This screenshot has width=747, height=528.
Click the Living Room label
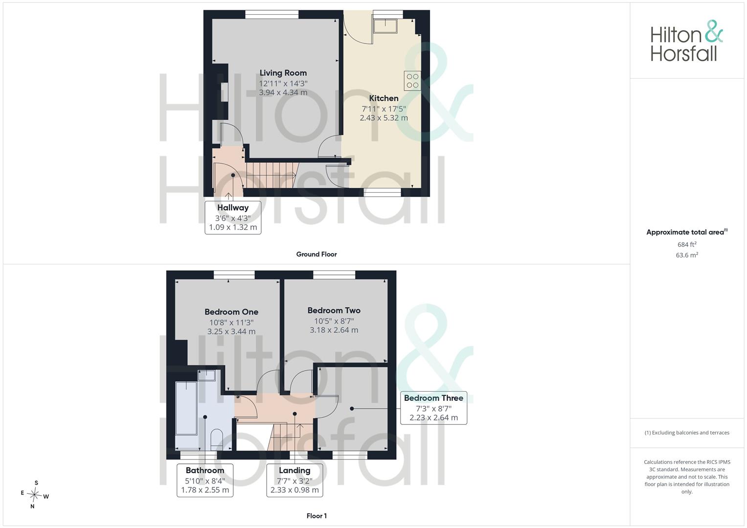point(283,73)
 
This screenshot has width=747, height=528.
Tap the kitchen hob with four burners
point(412,81)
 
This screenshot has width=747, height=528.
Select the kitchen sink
point(385,26)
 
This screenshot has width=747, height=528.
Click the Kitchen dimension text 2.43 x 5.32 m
point(384,118)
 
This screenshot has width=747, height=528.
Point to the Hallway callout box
point(233,218)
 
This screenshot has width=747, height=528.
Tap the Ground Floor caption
point(317,254)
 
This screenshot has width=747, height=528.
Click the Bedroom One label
point(231,312)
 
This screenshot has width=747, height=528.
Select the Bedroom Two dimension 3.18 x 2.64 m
point(334,330)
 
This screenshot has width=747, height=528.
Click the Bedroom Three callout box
point(433,408)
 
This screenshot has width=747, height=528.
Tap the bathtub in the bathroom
point(186,408)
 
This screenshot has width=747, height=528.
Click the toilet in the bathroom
point(217,440)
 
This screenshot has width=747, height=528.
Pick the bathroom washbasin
point(207,375)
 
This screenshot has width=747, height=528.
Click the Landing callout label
point(294,470)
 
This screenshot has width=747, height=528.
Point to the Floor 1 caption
point(317,516)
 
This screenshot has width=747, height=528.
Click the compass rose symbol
point(35,495)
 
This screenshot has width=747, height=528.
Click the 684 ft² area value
point(687,244)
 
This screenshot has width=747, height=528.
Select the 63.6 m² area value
point(687,255)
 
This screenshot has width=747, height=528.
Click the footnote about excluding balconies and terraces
point(687,433)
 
